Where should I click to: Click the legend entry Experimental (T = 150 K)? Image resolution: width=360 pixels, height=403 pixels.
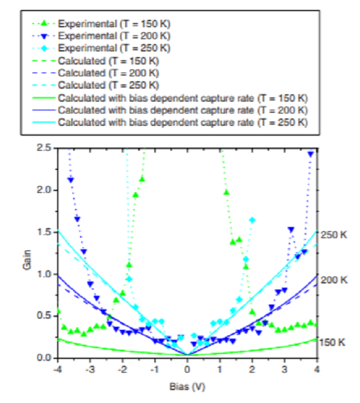tap(114, 24)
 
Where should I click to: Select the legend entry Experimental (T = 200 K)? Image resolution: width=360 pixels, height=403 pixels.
tap(114, 36)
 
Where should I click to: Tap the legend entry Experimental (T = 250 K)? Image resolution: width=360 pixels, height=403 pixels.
tap(114, 48)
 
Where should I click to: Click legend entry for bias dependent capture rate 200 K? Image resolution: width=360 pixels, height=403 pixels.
tap(183, 110)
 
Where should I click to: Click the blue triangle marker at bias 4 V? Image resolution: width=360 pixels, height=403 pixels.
tap(311, 153)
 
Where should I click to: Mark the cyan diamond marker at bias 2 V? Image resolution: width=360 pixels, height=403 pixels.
tap(252, 220)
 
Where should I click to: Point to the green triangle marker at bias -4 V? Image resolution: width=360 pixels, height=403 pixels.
tap(58, 311)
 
